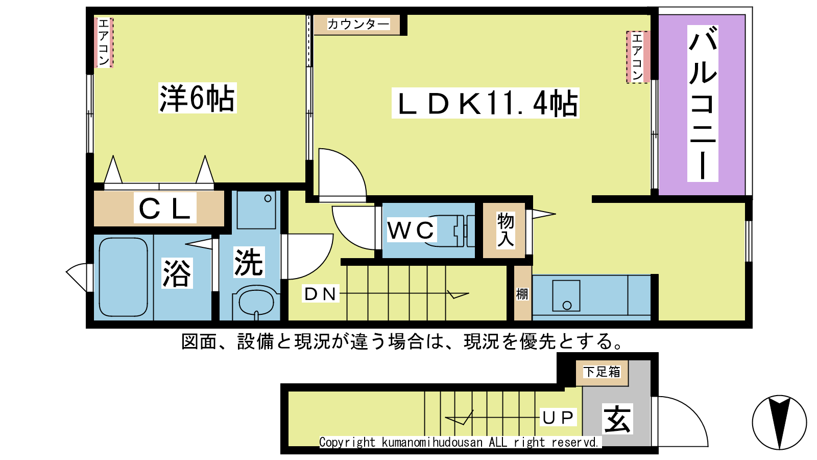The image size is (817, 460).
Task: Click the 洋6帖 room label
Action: pyautogui.click(x=197, y=98)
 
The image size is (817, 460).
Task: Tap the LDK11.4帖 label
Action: pyautogui.click(x=486, y=103)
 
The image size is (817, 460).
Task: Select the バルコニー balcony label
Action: pyautogui.click(x=703, y=103)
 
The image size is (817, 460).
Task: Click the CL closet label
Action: pyautogui.click(x=165, y=208)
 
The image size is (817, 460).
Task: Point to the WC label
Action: pyautogui.click(x=411, y=229)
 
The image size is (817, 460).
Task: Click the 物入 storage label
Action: pyautogui.click(x=506, y=231)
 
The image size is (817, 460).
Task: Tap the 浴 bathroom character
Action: pyautogui.click(x=177, y=273)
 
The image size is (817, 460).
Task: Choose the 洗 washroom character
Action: pyautogui.click(x=249, y=262)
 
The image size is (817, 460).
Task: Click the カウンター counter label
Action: pyautogui.click(x=358, y=25)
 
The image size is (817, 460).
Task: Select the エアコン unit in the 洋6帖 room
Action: pyautogui.click(x=104, y=43)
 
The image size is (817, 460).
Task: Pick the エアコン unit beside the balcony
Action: pyautogui.click(x=638, y=57)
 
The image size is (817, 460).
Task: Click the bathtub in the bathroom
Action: pyautogui.click(x=124, y=277)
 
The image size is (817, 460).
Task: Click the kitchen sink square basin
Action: pyautogui.click(x=566, y=296)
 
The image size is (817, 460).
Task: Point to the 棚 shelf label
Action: pyautogui.click(x=522, y=294)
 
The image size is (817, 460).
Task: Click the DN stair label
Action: pyautogui.click(x=320, y=294)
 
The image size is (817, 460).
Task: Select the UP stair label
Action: pyautogui.click(x=558, y=417)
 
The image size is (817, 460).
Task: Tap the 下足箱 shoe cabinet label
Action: pyautogui.click(x=602, y=372)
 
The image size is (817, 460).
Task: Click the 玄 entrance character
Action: pyautogui.click(x=617, y=419)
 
